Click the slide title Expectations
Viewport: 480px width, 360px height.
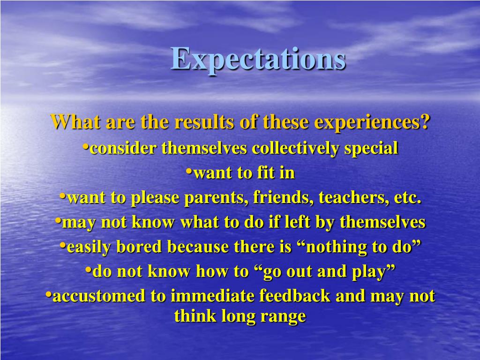258,60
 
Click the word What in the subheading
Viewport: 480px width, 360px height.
75,122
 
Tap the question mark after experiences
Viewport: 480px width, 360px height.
425,122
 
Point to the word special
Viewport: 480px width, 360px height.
371,149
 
